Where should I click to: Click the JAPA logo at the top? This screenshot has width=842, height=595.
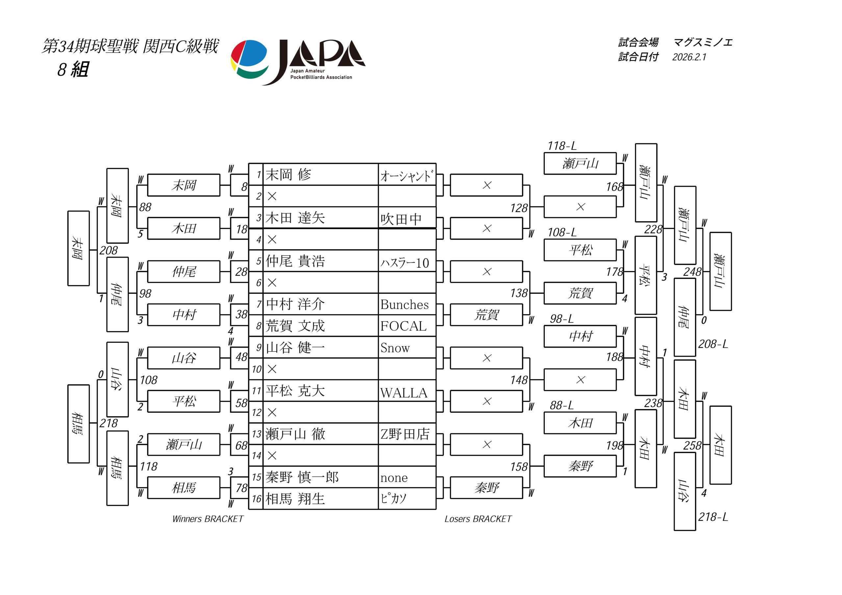point(298,61)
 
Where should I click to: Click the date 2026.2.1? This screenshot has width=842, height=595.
point(689,57)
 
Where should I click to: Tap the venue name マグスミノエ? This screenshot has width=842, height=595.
point(703,42)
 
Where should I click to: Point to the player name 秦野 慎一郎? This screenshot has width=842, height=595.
point(302,477)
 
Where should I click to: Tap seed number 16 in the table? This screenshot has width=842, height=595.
point(256,499)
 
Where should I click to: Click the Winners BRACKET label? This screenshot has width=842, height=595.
point(208,519)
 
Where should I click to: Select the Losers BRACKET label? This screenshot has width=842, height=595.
point(478,519)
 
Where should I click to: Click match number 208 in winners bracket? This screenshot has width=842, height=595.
point(109,251)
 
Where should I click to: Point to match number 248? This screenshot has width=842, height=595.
point(692,272)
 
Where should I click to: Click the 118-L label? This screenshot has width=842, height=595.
point(562,146)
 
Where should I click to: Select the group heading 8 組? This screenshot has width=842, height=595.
point(73,69)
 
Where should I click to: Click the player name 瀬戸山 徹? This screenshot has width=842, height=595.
point(295,434)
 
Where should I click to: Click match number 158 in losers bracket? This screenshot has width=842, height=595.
point(519,467)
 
